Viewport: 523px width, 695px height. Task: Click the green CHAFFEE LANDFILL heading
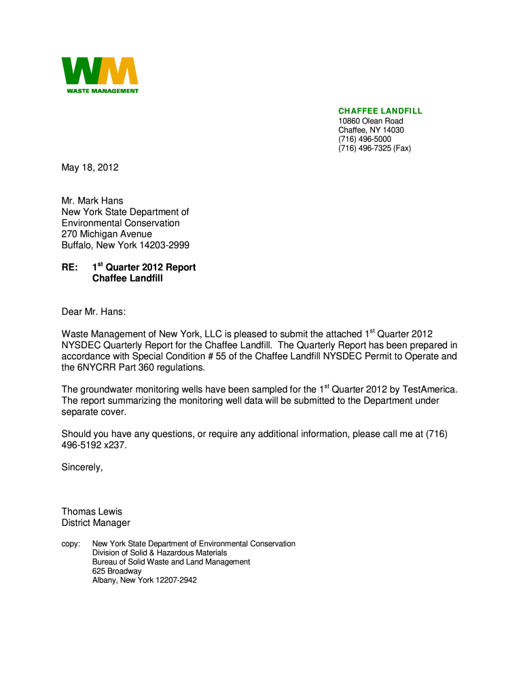380,111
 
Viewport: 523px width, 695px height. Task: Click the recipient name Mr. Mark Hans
92,201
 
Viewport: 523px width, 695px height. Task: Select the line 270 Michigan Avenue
107,234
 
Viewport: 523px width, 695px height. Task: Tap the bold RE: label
69,267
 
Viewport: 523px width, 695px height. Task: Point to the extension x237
113,445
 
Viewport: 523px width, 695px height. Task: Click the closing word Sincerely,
82,467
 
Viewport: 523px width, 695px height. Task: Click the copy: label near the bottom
71,544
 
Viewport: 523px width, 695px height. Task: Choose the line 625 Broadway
117,571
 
